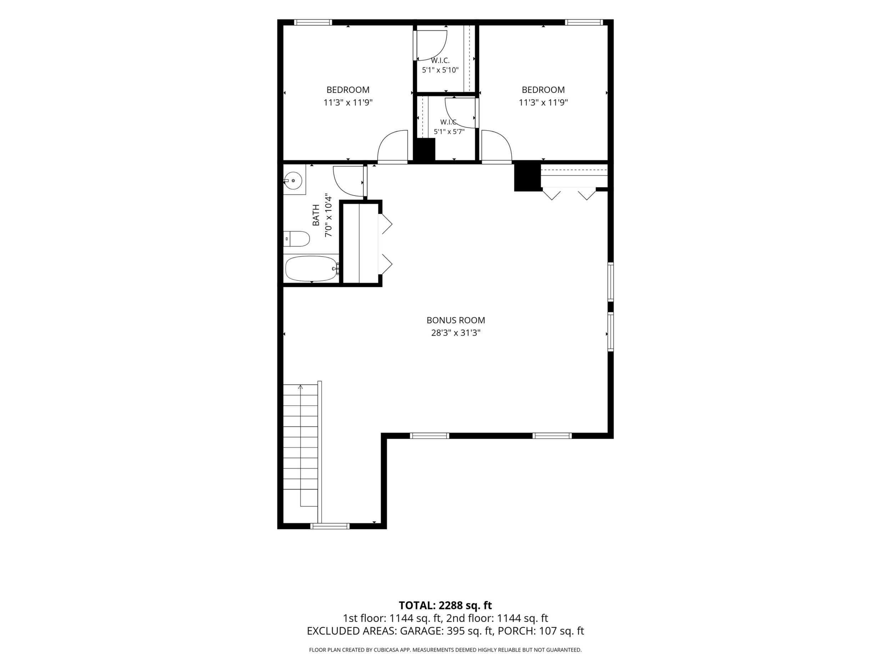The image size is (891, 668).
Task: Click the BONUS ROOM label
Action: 455,320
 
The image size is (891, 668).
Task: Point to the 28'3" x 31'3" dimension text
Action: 455,333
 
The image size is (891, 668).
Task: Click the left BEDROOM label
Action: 348,90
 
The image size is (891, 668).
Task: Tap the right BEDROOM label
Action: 543,90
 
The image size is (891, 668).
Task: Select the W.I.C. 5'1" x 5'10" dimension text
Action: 440,70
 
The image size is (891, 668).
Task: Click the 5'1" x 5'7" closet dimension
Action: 449,131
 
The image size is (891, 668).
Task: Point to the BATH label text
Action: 316,215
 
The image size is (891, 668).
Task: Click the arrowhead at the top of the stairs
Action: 301,387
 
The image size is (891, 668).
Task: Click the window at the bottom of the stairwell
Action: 330,526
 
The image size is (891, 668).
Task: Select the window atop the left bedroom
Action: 313,22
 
